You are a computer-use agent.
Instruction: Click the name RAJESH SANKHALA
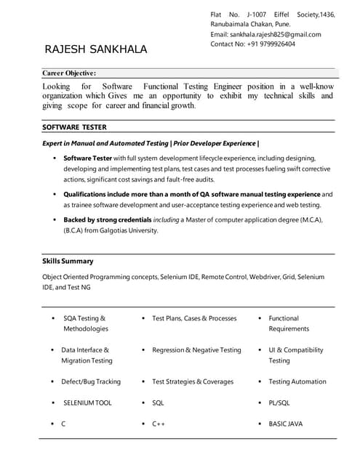(x=96, y=49)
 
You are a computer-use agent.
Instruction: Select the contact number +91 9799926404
(x=265, y=44)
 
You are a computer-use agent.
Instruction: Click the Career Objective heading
(x=69, y=73)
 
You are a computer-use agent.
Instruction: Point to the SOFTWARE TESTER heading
(x=74, y=127)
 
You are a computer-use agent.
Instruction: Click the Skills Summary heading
(x=68, y=261)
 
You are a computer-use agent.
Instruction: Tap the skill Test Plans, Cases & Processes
(x=194, y=318)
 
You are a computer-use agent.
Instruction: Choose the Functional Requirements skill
(x=289, y=323)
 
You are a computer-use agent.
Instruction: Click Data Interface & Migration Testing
(x=87, y=355)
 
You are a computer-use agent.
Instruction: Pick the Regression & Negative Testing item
(x=196, y=350)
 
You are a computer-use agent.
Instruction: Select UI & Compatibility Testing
(x=295, y=355)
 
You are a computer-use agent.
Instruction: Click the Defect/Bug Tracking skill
(x=91, y=381)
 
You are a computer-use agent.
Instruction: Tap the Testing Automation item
(x=297, y=381)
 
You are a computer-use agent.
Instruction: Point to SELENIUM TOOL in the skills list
(x=87, y=403)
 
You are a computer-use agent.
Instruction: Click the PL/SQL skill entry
(x=279, y=403)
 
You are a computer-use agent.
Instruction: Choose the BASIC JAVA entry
(x=286, y=424)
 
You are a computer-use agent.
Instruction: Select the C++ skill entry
(x=159, y=424)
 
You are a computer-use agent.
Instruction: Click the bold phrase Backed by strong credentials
(x=108, y=219)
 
